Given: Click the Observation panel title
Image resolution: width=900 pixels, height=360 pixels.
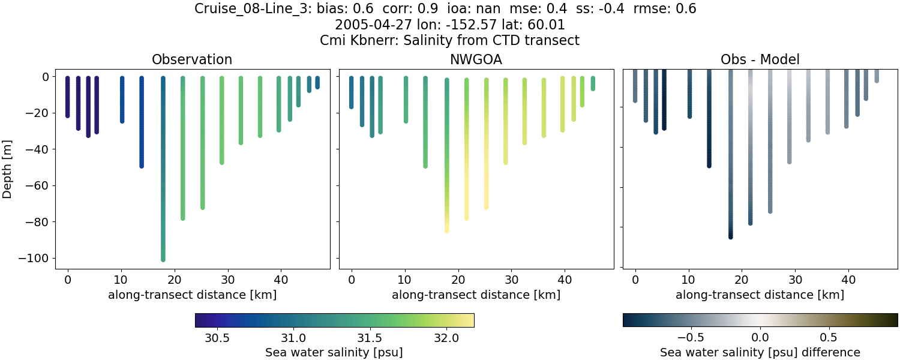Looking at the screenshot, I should tap(192, 59).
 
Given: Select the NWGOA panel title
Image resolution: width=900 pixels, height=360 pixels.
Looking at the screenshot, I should tap(476, 59).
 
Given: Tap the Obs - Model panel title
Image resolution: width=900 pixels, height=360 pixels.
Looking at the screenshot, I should tap(760, 59).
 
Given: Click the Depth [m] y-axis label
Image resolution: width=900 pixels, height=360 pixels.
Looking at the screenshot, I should tap(8, 167).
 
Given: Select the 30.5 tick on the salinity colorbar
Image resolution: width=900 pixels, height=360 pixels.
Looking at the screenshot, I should tap(217, 338).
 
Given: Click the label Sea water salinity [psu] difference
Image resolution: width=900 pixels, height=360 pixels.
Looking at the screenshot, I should tap(760, 352).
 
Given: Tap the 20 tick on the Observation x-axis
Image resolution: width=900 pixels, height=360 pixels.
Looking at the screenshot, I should tap(175, 279).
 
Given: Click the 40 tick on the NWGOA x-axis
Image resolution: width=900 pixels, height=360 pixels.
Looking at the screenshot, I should tap(565, 279).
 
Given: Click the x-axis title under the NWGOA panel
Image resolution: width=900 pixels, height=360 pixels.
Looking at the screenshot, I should tap(476, 295).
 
